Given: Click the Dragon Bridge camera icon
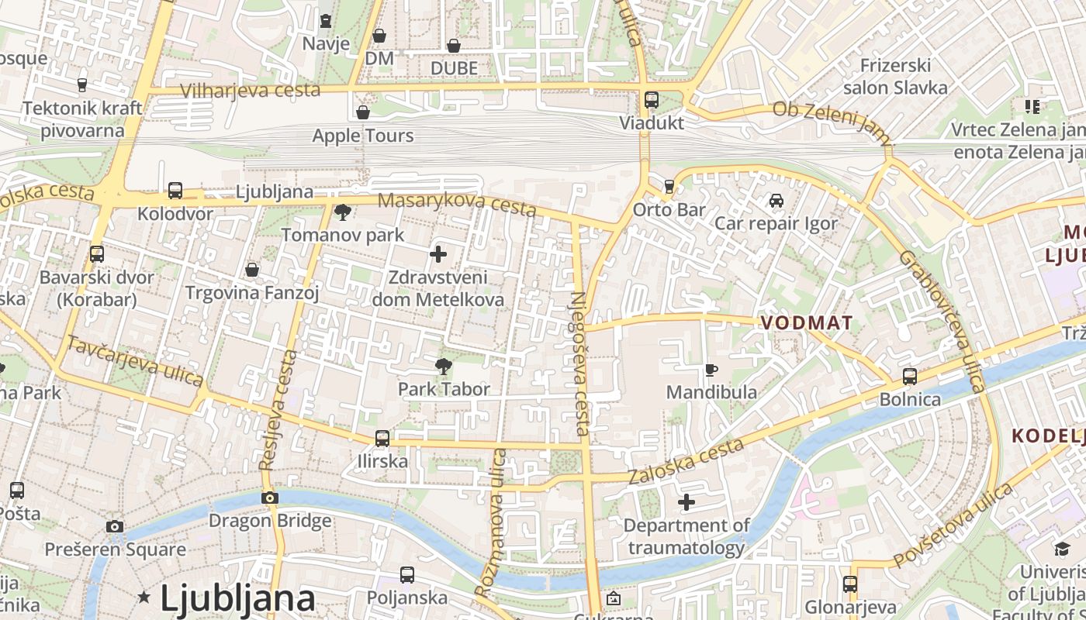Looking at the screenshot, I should [270, 498].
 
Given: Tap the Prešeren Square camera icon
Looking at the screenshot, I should [115, 527].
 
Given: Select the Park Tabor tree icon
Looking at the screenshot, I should [444, 366].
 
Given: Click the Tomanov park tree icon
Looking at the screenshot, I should [342, 212].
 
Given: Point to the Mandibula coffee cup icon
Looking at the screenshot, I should [711, 370].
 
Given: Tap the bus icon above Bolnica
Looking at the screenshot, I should [910, 377].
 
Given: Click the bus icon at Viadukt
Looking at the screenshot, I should [652, 100].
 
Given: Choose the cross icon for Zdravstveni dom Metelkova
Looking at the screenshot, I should [438, 253].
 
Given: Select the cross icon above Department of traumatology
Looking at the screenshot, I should [687, 503].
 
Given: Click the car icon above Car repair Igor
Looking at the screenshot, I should [776, 201].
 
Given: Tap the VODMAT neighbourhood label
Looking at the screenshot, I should [807, 323].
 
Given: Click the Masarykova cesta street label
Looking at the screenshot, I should [457, 204].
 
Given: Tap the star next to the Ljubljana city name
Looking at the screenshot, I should [144, 597].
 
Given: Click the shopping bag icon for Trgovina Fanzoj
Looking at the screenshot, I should [252, 270].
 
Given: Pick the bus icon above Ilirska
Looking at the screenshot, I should [382, 439].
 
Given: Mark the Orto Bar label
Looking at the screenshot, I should [669, 209].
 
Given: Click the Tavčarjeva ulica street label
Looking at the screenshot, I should [135, 361].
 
